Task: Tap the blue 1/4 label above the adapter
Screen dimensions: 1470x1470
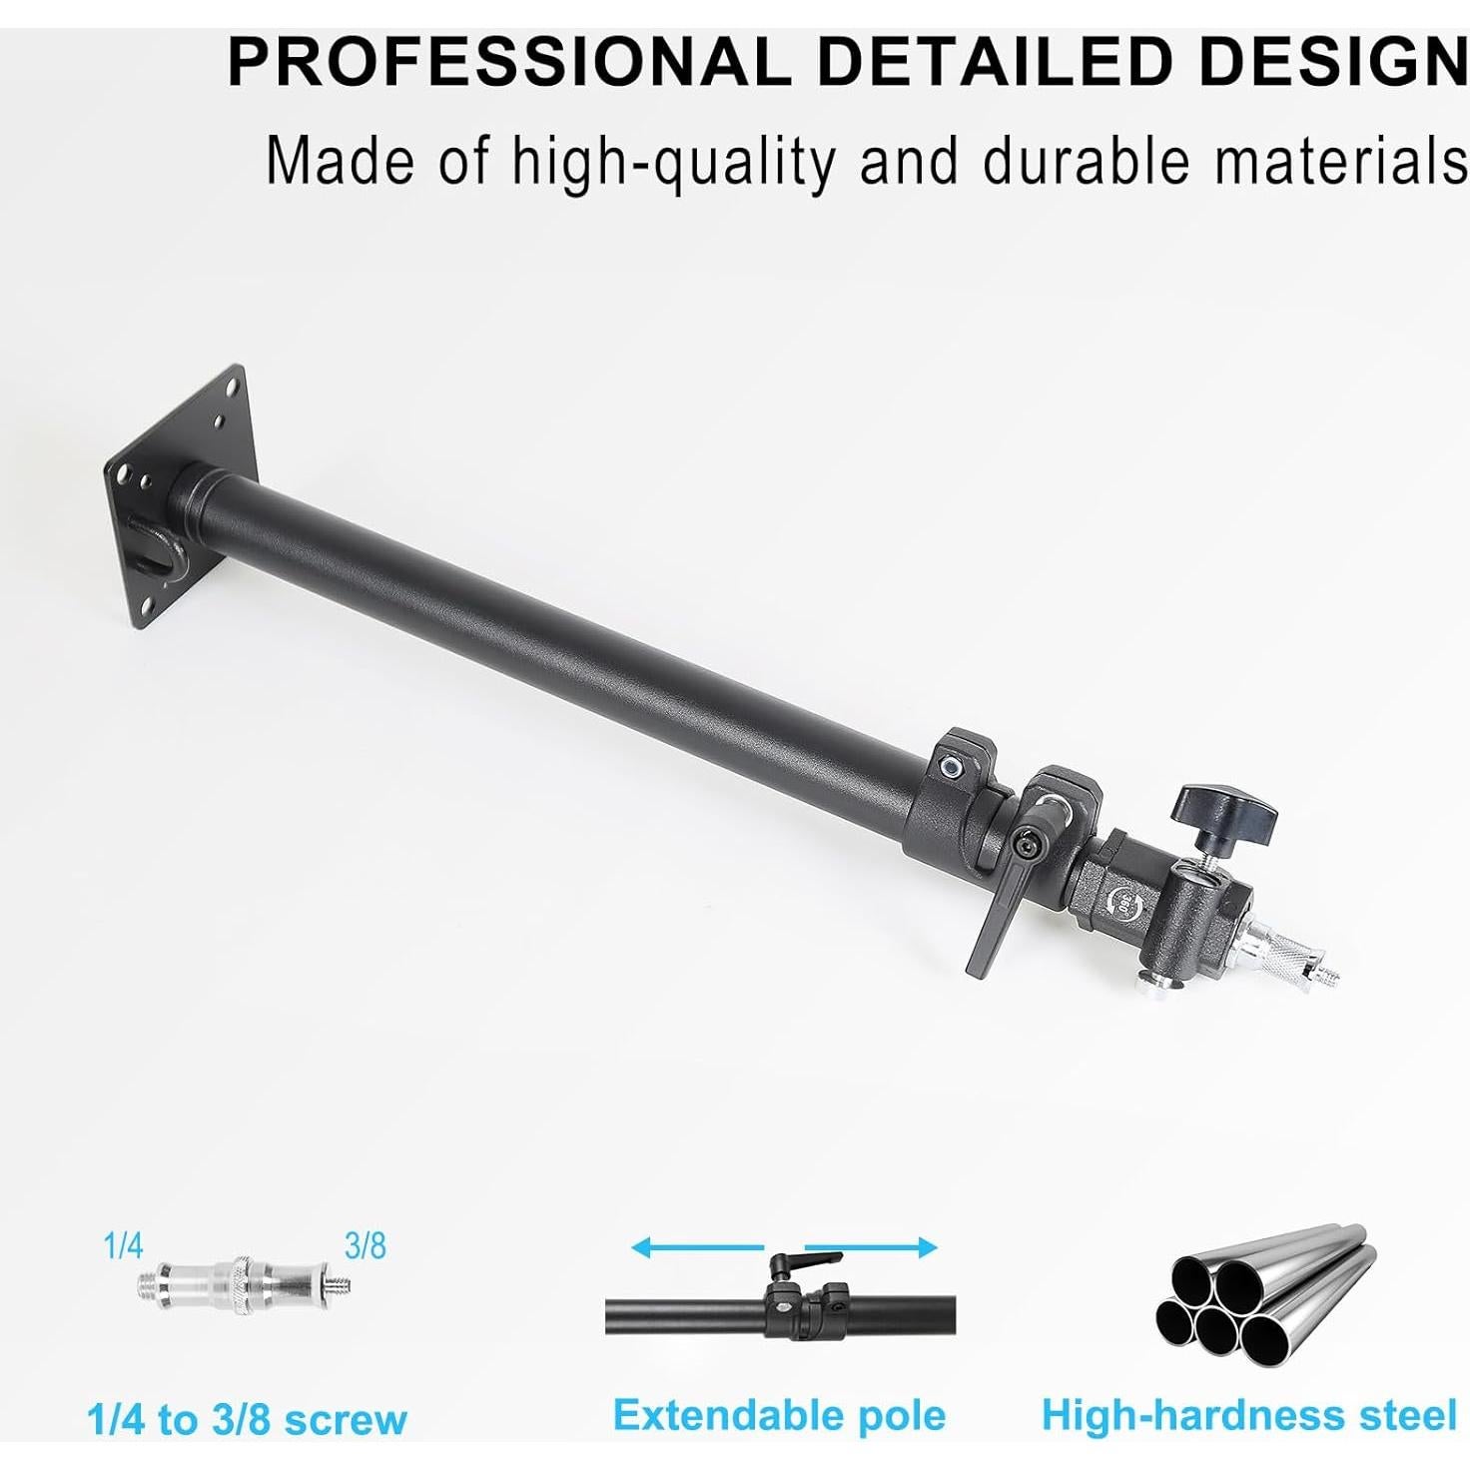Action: tap(123, 1246)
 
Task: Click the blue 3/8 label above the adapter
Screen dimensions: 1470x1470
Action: tap(365, 1246)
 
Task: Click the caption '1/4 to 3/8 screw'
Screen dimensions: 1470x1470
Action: tap(247, 1419)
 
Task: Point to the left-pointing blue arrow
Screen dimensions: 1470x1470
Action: tap(696, 1247)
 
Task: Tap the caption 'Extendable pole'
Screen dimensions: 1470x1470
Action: tap(779, 1415)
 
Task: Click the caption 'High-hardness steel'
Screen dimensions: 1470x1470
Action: tap(1249, 1415)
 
